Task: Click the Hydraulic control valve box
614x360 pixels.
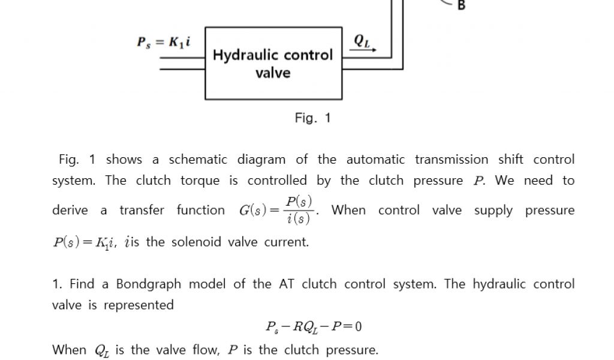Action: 273,63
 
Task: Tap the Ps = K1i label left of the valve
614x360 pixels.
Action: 164,43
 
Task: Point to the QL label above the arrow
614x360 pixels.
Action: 362,40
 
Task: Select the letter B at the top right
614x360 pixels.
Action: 461,6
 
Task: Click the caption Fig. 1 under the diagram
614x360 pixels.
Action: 312,118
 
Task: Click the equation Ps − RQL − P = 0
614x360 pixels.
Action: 314,327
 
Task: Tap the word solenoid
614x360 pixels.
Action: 197,242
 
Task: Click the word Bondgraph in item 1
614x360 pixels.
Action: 147,284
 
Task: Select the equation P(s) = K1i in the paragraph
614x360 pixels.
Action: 86,242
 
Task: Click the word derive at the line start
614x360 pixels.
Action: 70,211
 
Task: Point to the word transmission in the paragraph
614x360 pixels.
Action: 451,160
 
